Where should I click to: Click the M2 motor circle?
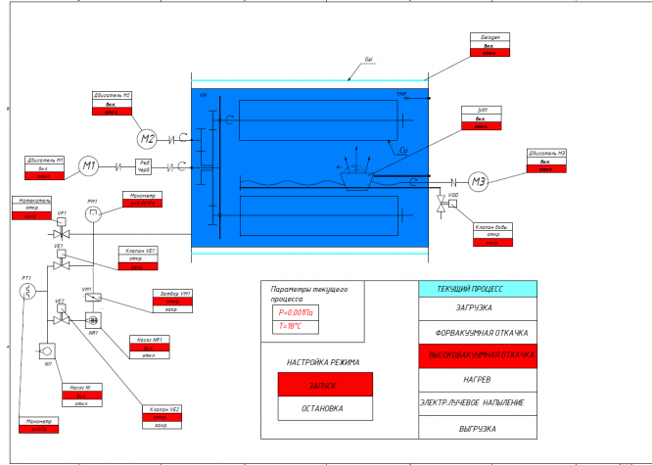147,137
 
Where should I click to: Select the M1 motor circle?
88,165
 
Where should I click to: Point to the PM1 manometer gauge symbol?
92,214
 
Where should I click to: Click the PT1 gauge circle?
28,291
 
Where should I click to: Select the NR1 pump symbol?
94,320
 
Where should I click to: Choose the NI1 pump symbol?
45,349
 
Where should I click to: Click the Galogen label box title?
489,38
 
